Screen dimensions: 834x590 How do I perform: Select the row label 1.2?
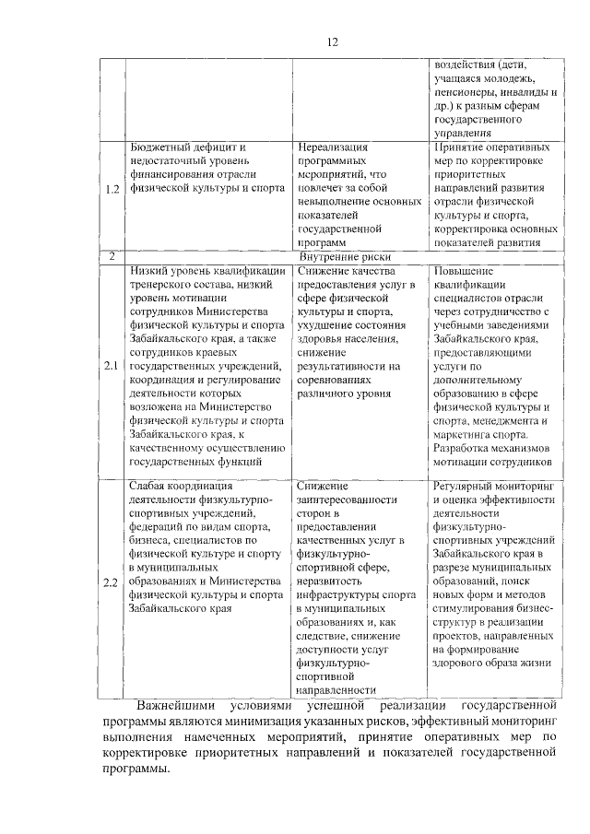click(x=112, y=190)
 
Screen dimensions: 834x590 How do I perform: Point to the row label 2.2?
click(x=112, y=583)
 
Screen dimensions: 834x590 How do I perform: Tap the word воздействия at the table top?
click(x=467, y=65)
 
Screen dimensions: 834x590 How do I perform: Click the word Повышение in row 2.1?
click(x=462, y=271)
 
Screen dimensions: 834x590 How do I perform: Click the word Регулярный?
click(x=465, y=485)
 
